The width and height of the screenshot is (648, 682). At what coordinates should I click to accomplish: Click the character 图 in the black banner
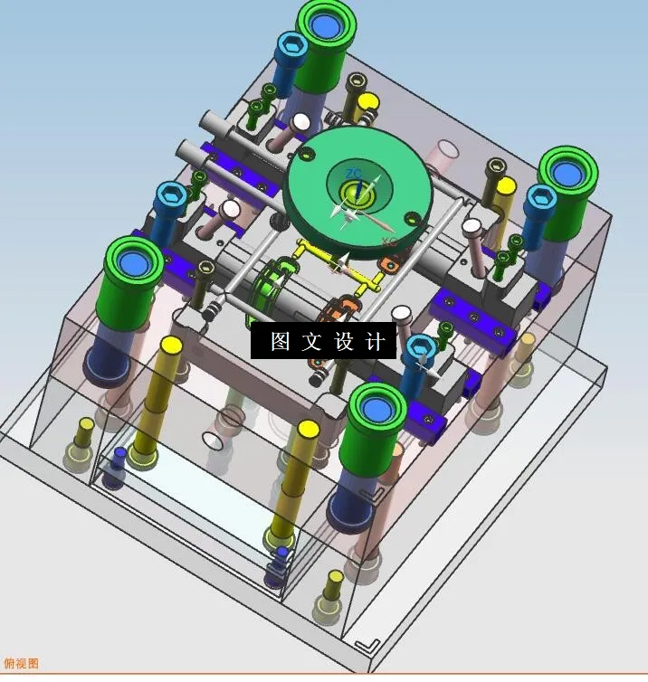point(281,342)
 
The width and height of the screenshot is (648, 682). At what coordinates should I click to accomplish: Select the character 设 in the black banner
point(345,342)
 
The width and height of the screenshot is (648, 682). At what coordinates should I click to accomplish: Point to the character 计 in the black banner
point(376,342)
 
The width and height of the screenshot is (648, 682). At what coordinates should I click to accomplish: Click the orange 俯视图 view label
point(22,664)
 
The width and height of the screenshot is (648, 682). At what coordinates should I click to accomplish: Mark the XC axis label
point(389,242)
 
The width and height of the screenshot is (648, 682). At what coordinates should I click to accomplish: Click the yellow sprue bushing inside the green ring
point(353,192)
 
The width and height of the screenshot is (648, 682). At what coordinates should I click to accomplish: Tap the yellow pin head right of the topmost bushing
point(367,101)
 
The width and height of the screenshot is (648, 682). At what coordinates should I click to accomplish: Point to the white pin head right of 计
point(404,314)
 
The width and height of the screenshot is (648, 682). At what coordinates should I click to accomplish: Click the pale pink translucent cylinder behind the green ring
point(446,151)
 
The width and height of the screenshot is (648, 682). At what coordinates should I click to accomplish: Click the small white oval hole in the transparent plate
point(214,440)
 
